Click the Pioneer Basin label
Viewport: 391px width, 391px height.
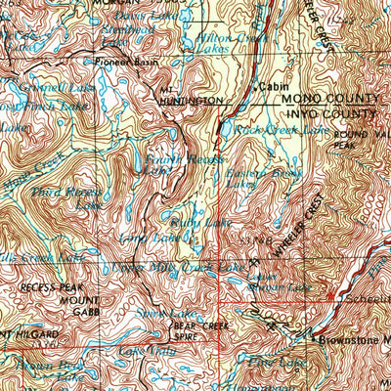pyautogui.click(x=125, y=62)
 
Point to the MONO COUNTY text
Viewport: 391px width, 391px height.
pyautogui.click(x=329, y=99)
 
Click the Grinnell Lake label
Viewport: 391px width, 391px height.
pyautogui.click(x=39, y=86)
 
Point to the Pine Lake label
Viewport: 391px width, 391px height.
pyautogui.click(x=264, y=363)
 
